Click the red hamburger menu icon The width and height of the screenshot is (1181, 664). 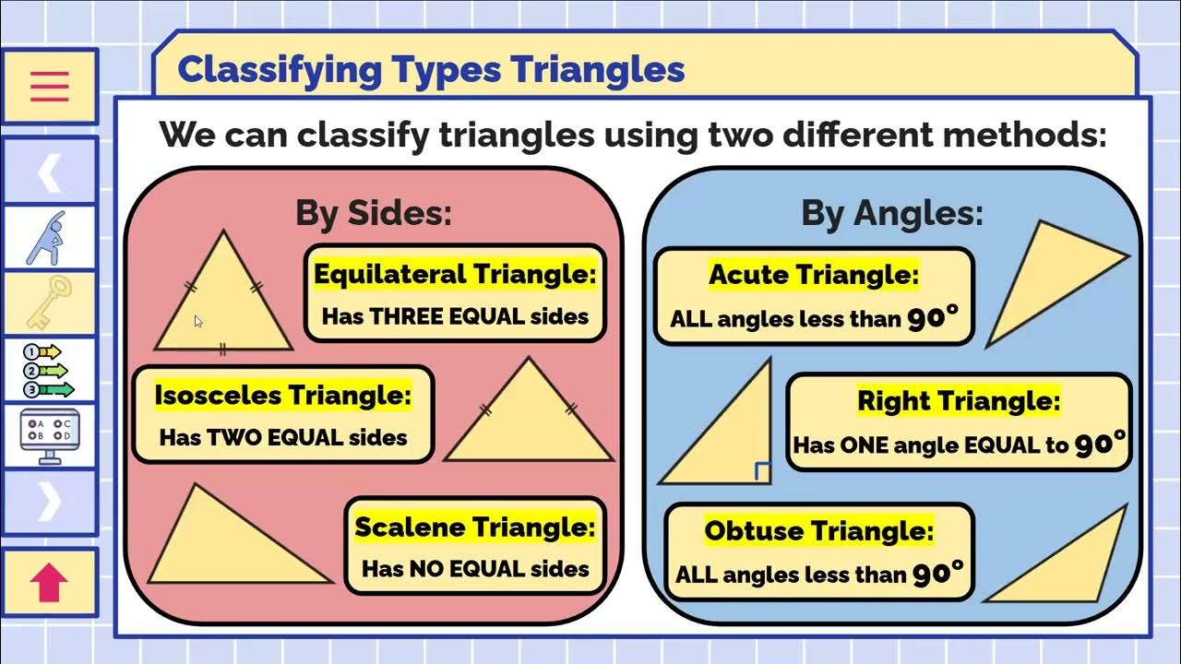pos(50,87)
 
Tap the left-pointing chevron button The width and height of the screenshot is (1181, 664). pos(50,172)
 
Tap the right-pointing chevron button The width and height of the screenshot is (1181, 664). pos(50,501)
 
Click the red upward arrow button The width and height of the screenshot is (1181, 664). pos(50,583)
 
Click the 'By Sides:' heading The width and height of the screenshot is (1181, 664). pos(374,213)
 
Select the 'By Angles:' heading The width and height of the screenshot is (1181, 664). pos(891,213)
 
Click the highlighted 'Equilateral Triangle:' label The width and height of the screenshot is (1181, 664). pos(456,274)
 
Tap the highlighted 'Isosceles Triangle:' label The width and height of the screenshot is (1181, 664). pos(282,395)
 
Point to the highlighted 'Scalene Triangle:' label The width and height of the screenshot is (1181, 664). pos(475,528)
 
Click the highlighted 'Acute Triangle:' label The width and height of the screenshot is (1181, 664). pos(814,274)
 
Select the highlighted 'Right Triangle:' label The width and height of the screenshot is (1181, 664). pos(959,400)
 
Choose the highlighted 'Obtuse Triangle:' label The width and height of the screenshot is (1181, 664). pos(819,530)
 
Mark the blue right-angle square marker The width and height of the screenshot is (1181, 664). pos(762,472)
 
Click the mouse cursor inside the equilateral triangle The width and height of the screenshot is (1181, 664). pos(198,321)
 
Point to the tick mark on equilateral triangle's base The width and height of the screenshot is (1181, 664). pos(222,350)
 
